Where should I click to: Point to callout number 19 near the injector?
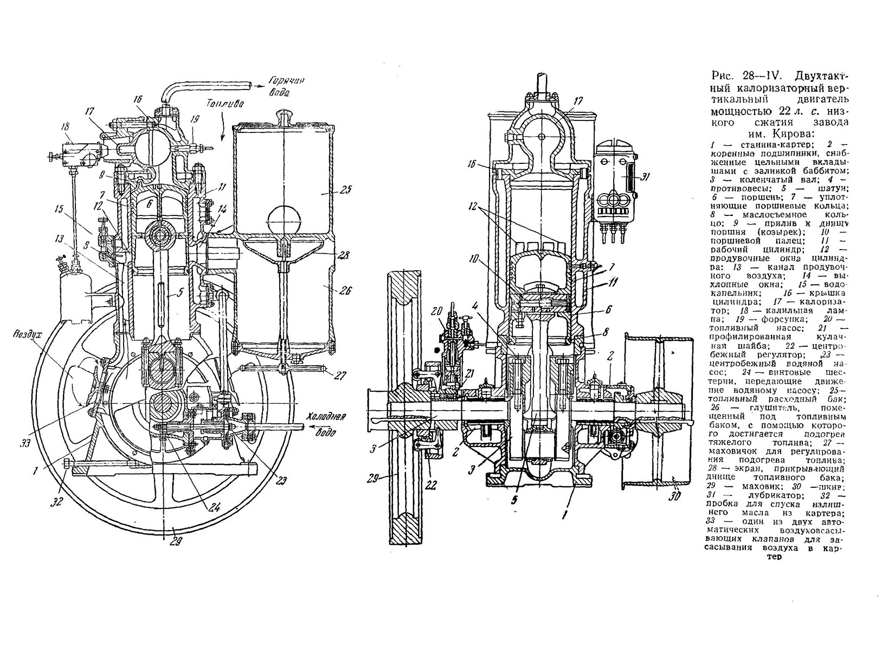pyautogui.click(x=196, y=121)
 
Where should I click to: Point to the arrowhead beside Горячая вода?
pyautogui.click(x=262, y=84)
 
